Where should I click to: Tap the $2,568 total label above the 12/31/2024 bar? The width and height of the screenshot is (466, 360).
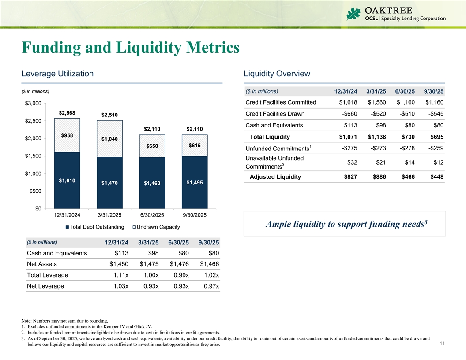point(67,113)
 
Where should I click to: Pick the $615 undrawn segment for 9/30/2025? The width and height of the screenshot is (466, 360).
point(195,145)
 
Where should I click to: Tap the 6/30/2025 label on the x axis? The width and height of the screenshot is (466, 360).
point(152,215)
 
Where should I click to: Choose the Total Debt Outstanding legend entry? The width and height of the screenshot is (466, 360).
point(94,227)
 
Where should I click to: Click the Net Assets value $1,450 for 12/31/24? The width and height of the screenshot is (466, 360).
point(119,264)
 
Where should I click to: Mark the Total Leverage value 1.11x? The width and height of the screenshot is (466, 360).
point(120,275)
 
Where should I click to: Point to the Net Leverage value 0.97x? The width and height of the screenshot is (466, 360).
point(210,286)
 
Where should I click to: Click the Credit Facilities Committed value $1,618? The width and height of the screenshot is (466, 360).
point(348,102)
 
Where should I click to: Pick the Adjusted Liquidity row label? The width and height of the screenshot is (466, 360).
point(275,177)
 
